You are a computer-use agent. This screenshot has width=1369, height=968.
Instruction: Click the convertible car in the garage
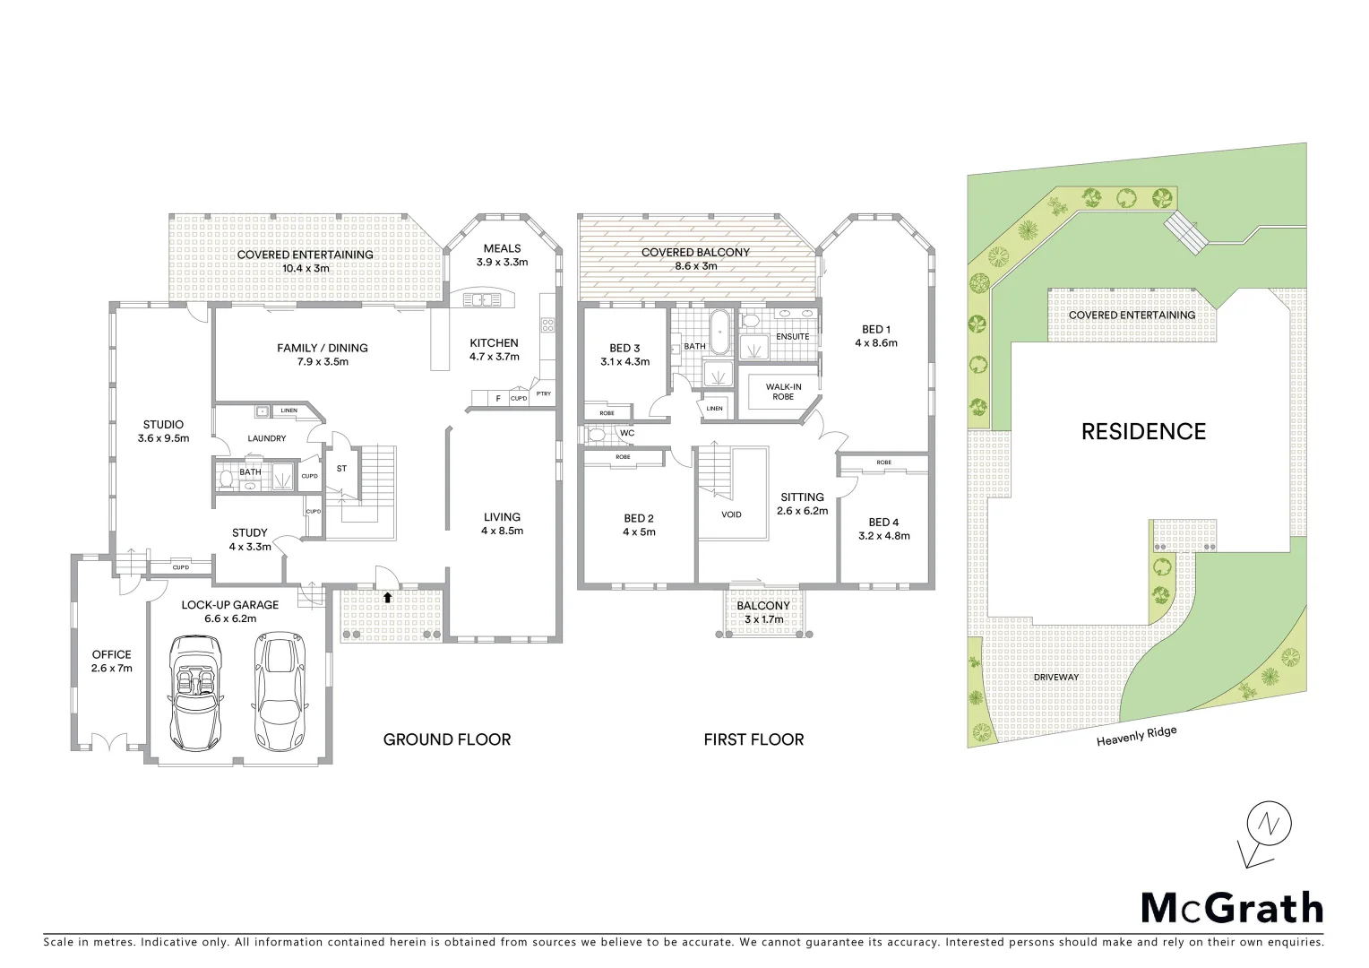point(196,692)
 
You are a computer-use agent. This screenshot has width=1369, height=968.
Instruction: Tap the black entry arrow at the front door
point(387,597)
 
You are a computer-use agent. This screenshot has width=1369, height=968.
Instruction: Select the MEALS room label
point(502,248)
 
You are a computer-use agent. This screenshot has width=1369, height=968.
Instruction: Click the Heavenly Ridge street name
point(1136,736)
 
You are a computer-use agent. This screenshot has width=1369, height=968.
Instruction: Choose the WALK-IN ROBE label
point(783,392)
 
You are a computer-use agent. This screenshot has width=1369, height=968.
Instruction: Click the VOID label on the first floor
point(731,514)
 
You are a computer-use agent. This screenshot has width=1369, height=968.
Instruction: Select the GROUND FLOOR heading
point(446,739)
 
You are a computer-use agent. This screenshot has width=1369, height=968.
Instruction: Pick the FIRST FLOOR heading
point(753,739)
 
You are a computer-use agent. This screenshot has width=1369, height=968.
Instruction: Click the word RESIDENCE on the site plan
point(1143,432)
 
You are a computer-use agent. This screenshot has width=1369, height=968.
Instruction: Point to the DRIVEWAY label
point(1056,677)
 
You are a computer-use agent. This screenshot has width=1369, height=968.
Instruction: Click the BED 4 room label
point(883,522)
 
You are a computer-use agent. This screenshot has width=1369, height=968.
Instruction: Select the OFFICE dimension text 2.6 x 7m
point(111,669)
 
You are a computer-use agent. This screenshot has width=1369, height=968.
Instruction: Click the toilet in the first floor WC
point(597,435)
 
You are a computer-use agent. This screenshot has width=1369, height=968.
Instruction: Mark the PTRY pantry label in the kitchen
point(543,393)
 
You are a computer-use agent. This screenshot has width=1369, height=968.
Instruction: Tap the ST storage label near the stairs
point(341,469)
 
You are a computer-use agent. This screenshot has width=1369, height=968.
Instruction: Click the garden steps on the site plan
point(1187,232)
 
